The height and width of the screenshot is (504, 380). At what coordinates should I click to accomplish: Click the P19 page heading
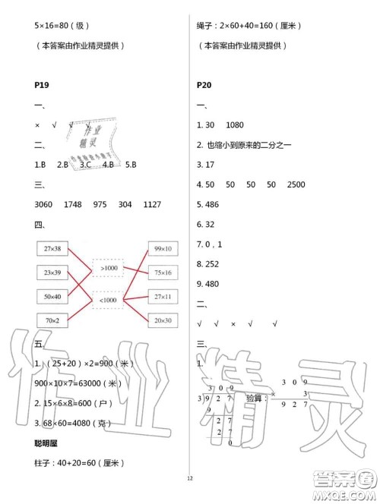43,86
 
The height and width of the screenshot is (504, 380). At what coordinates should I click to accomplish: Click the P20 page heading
204,86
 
